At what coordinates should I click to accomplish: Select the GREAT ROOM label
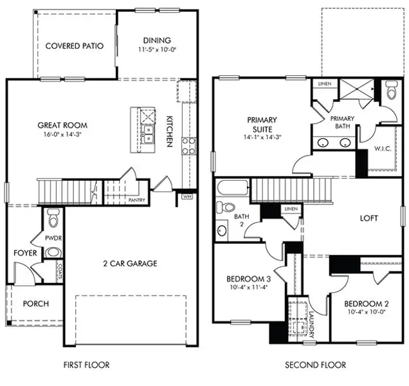click(62, 125)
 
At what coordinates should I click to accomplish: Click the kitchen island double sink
click(148, 134)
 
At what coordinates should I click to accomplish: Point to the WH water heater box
click(187, 196)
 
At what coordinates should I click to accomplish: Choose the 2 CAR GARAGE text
click(131, 263)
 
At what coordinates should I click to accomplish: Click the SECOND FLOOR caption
click(315, 365)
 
